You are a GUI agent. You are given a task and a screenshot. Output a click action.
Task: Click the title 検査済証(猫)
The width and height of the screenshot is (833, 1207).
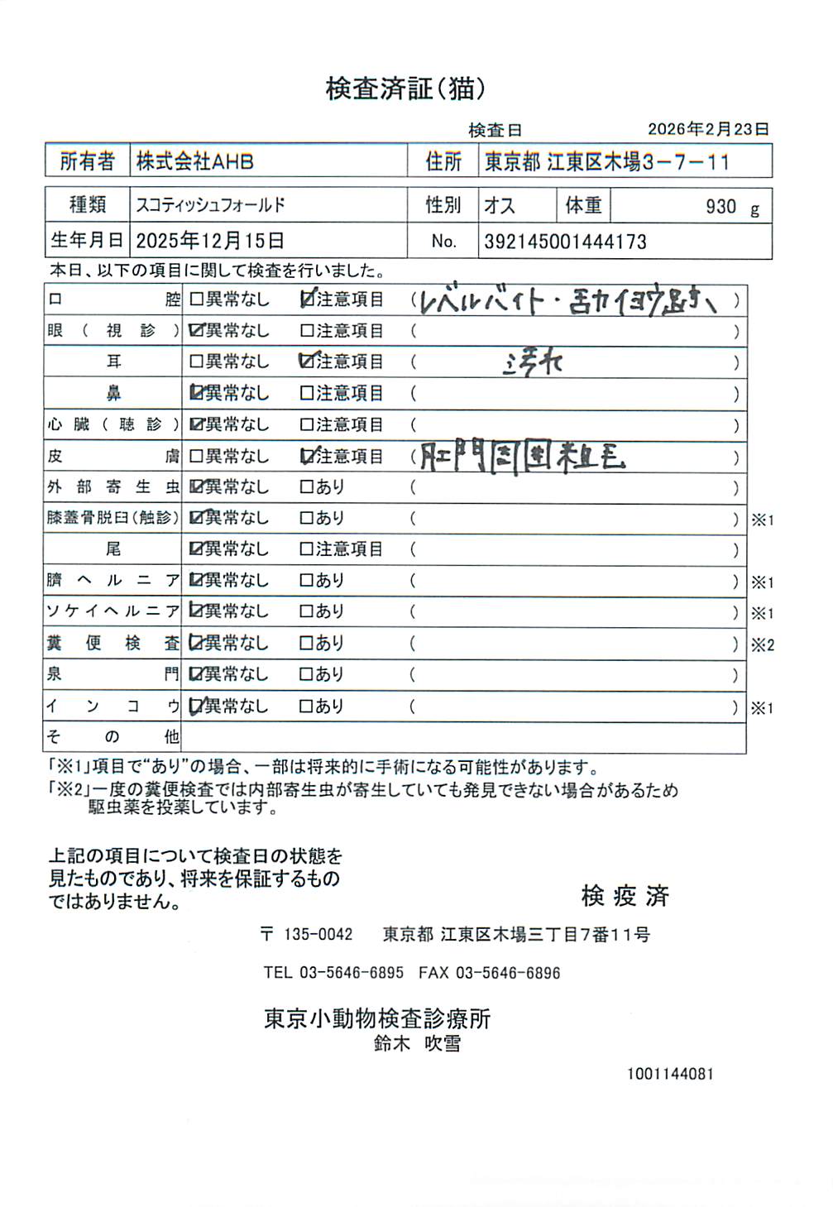click(405, 89)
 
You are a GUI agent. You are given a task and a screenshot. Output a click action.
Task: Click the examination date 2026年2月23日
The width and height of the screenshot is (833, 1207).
click(708, 129)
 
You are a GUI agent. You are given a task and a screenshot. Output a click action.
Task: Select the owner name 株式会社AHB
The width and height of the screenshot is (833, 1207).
click(195, 161)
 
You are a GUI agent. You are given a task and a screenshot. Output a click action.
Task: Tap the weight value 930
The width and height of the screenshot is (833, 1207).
click(720, 207)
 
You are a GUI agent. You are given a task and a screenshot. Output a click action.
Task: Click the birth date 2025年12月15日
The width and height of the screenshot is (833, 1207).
click(210, 241)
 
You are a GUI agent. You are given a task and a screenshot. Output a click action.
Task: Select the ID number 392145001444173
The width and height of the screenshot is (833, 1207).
click(565, 242)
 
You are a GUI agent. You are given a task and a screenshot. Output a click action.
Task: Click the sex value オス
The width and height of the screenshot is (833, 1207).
click(499, 205)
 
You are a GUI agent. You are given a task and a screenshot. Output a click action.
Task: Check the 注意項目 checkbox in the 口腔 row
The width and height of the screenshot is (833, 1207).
click(308, 299)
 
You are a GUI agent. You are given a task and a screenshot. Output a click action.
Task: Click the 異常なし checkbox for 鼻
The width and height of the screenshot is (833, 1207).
click(197, 393)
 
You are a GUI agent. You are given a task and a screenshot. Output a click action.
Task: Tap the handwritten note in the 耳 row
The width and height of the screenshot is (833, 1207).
click(533, 362)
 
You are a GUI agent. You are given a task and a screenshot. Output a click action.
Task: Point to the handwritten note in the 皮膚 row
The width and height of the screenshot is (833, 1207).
click(521, 457)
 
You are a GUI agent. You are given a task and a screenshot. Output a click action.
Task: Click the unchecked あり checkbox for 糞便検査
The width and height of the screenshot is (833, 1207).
click(307, 643)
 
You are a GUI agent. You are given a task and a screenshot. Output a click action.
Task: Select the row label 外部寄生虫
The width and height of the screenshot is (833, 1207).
click(113, 487)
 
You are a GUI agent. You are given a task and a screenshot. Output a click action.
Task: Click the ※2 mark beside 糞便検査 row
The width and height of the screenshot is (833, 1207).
click(762, 644)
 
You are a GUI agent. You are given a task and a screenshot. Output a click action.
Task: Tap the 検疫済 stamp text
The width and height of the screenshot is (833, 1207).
click(625, 895)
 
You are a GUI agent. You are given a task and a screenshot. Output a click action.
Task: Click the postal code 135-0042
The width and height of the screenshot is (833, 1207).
click(318, 935)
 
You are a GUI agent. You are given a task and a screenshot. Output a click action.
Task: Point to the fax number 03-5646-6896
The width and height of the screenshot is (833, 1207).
click(508, 973)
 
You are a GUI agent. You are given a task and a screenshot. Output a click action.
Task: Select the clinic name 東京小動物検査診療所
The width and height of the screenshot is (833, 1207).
click(377, 1018)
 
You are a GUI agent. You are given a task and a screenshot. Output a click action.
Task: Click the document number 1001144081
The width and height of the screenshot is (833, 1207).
click(669, 1074)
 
